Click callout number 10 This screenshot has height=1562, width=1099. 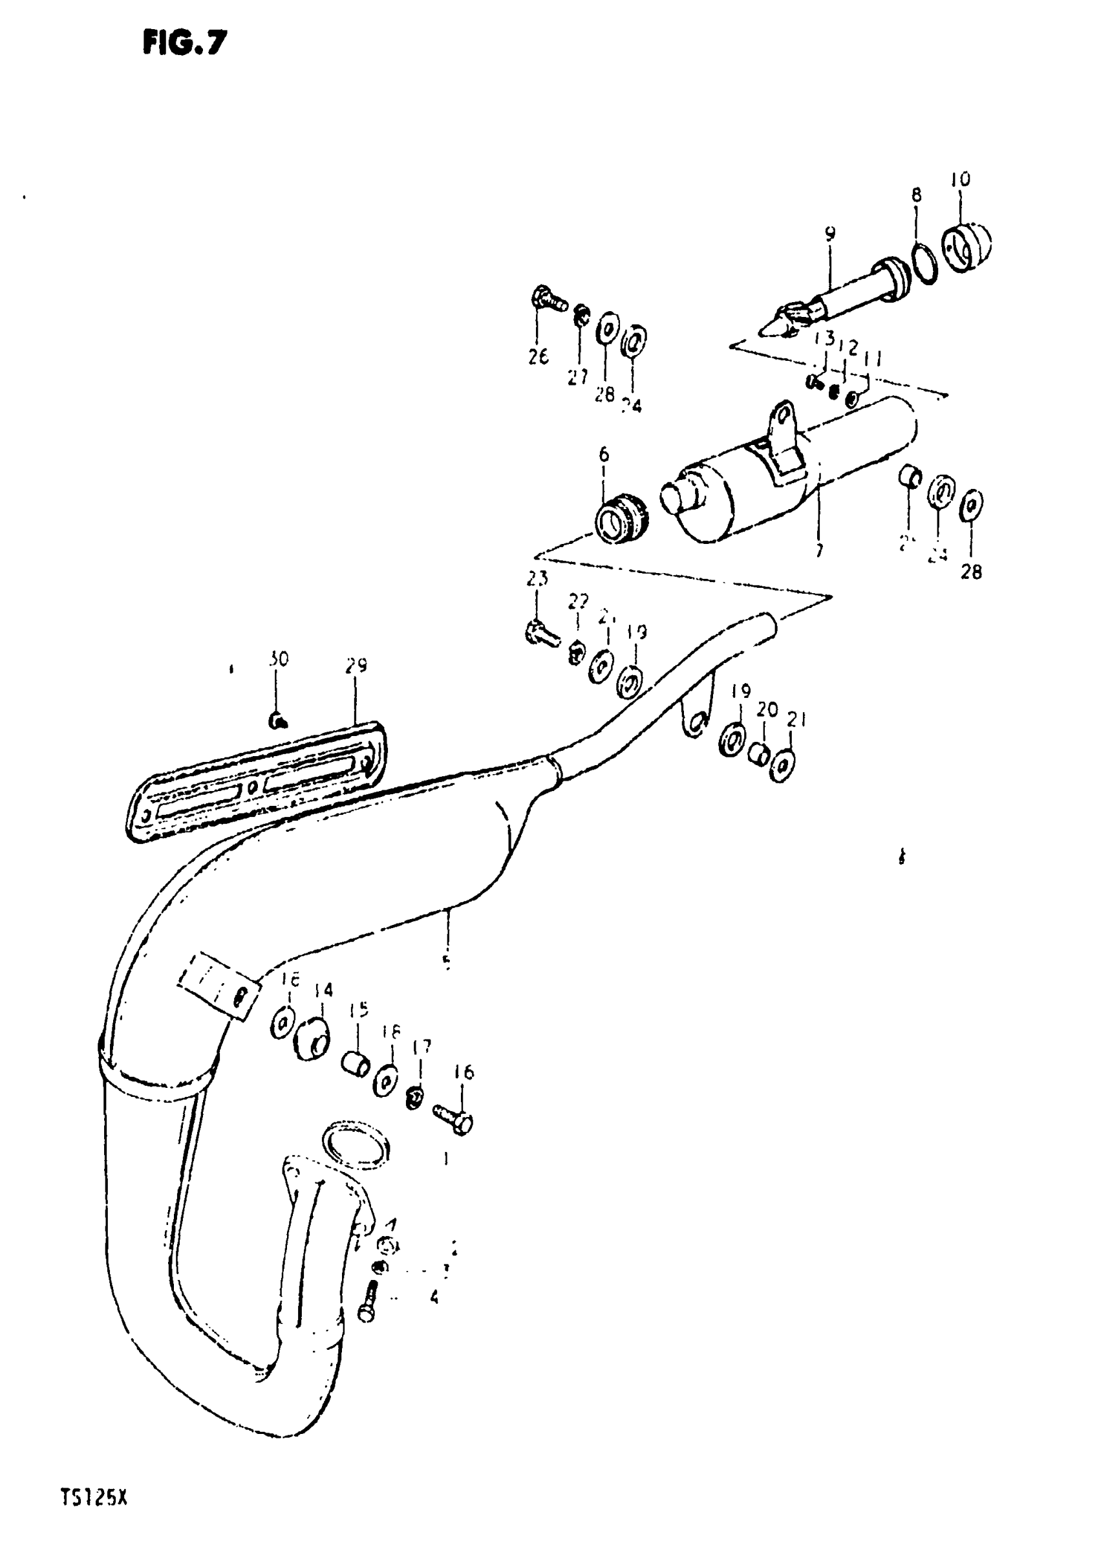tap(960, 179)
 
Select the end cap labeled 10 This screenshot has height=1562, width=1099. tap(966, 248)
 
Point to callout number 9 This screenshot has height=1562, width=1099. tap(829, 235)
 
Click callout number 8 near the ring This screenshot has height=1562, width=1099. tap(916, 195)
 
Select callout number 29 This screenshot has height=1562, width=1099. tap(356, 665)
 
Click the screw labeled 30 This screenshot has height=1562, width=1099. tap(277, 721)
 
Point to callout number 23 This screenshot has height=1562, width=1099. tap(537, 579)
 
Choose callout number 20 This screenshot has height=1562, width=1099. tap(767, 710)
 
